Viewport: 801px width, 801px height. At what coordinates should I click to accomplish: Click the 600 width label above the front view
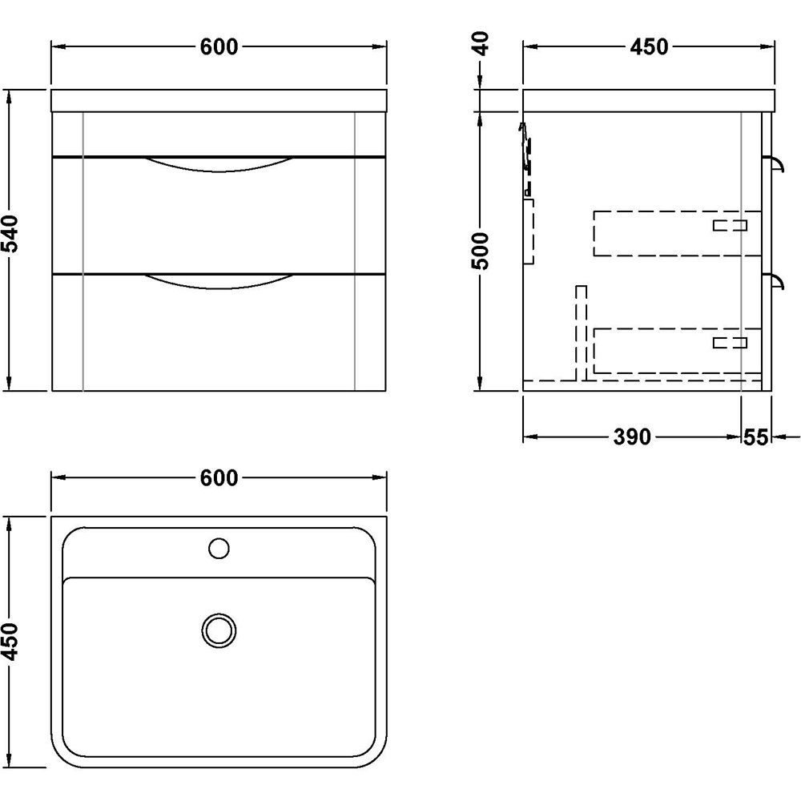pos(219,47)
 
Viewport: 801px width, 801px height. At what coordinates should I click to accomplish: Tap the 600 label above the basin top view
pos(219,478)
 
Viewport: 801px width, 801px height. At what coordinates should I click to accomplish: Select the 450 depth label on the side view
pos(649,47)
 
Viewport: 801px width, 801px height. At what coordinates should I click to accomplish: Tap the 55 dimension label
pos(756,437)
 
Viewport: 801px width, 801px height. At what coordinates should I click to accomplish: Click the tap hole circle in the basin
pos(219,549)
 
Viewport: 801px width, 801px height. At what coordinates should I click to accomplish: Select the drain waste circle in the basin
pos(218,630)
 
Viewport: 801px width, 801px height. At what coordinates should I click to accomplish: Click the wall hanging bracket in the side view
pos(527,160)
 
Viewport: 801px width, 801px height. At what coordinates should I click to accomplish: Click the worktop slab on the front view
pos(219,100)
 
